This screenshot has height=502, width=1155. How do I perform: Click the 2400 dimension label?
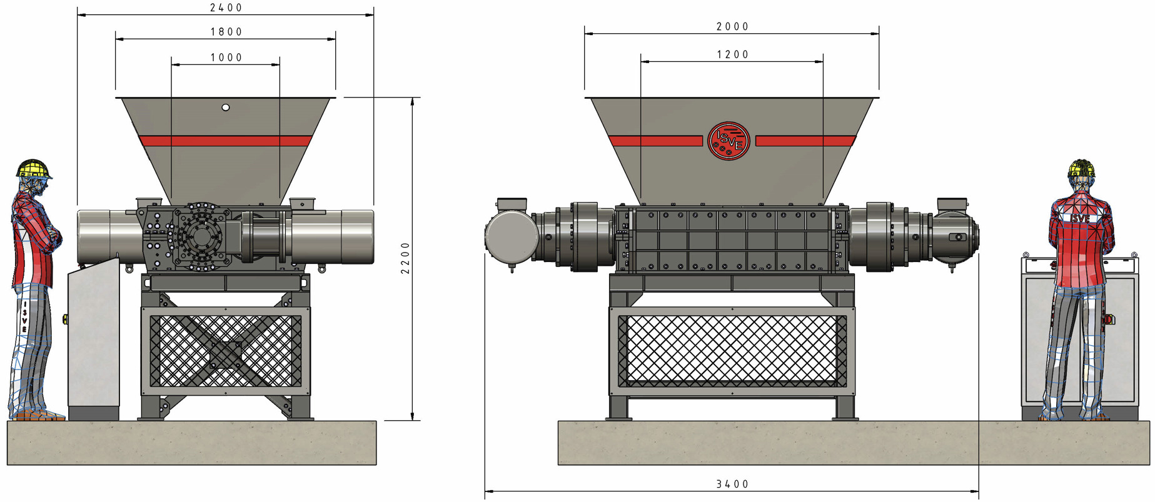pos(226,8)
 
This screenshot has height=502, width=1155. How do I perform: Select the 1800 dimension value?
pos(226,32)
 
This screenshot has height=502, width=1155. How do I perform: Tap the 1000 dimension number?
pos(226,58)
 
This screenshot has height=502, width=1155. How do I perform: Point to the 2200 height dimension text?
pos(405,258)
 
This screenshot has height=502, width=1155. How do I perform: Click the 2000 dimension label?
pos(732,26)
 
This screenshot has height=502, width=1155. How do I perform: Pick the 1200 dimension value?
pos(732,54)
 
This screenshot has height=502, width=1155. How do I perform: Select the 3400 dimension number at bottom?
pos(732,484)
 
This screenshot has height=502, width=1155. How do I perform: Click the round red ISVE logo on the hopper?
pos(729,141)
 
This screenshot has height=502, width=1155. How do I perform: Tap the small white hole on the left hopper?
pos(226,108)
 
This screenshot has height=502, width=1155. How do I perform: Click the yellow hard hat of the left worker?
pos(33,169)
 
